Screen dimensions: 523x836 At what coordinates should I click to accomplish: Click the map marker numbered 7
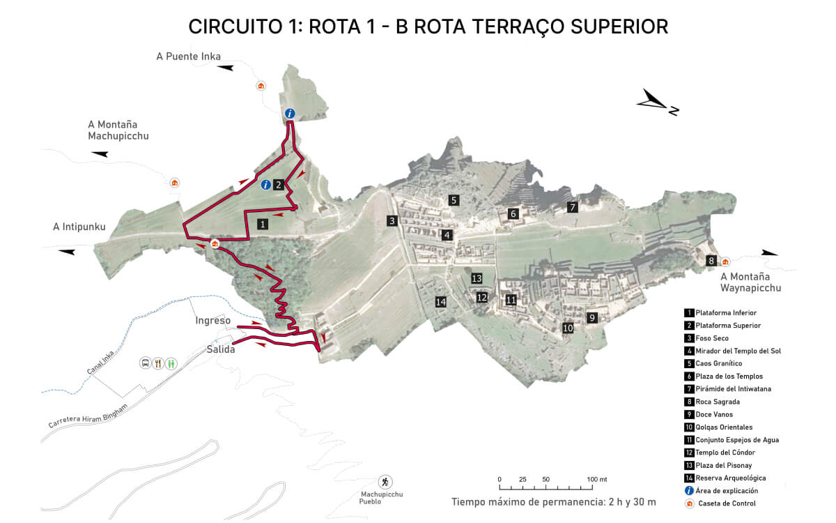(573, 207)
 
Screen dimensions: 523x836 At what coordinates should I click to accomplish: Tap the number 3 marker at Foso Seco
(392, 221)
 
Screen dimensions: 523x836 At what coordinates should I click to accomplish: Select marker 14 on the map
(440, 302)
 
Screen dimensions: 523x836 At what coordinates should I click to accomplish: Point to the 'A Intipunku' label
(79, 227)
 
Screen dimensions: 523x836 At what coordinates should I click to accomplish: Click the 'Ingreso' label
(213, 321)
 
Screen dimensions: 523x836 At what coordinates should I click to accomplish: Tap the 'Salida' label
(221, 349)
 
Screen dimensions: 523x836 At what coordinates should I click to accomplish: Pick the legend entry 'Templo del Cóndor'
(725, 453)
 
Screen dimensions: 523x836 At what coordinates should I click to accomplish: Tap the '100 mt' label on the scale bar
(597, 480)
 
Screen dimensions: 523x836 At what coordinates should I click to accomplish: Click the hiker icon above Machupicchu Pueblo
(385, 482)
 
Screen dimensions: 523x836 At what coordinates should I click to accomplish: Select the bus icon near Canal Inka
(145, 363)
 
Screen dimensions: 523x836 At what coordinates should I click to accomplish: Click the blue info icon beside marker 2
(265, 185)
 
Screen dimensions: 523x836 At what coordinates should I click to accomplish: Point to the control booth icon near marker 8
(725, 261)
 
